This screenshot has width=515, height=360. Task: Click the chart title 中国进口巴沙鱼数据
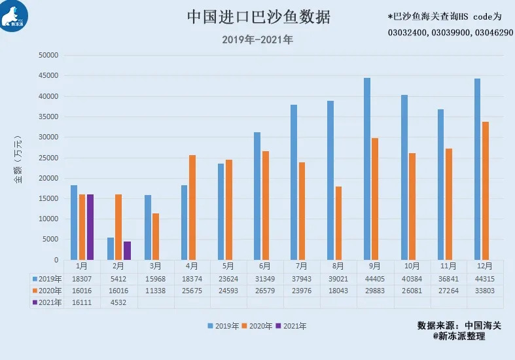pos(258,16)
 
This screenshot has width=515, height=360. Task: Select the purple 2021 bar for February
pos(128,251)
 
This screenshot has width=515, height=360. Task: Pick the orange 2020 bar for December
pos(485,190)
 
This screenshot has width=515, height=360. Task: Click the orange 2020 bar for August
pos(338,223)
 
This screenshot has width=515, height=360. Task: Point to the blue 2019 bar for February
pos(111,249)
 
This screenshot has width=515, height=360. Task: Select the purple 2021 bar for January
pos(90,227)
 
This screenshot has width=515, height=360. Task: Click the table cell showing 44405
pos(375,278)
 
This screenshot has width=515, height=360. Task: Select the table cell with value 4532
pos(118,302)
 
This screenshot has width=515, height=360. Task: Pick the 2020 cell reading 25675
pos(192,290)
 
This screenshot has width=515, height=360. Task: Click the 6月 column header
pos(265,266)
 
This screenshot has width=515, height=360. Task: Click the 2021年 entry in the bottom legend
pos(290,325)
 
